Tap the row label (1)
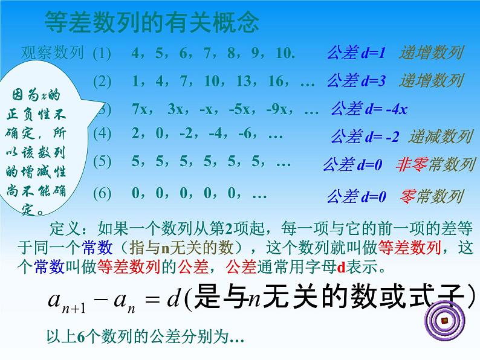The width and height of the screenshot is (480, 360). [x=102, y=53]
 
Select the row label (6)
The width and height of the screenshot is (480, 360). [x=102, y=194]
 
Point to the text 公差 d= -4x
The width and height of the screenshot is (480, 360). [x=369, y=109]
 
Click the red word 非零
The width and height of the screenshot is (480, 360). [x=407, y=163]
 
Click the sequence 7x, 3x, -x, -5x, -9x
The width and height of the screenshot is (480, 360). [x=224, y=110]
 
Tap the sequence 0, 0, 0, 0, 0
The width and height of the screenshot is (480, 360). [x=199, y=194]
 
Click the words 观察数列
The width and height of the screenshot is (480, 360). [x=52, y=53]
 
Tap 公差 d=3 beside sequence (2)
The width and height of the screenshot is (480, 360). [x=356, y=80]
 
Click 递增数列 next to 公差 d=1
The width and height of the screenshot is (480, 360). [x=430, y=53]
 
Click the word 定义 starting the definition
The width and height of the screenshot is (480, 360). [x=62, y=229]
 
